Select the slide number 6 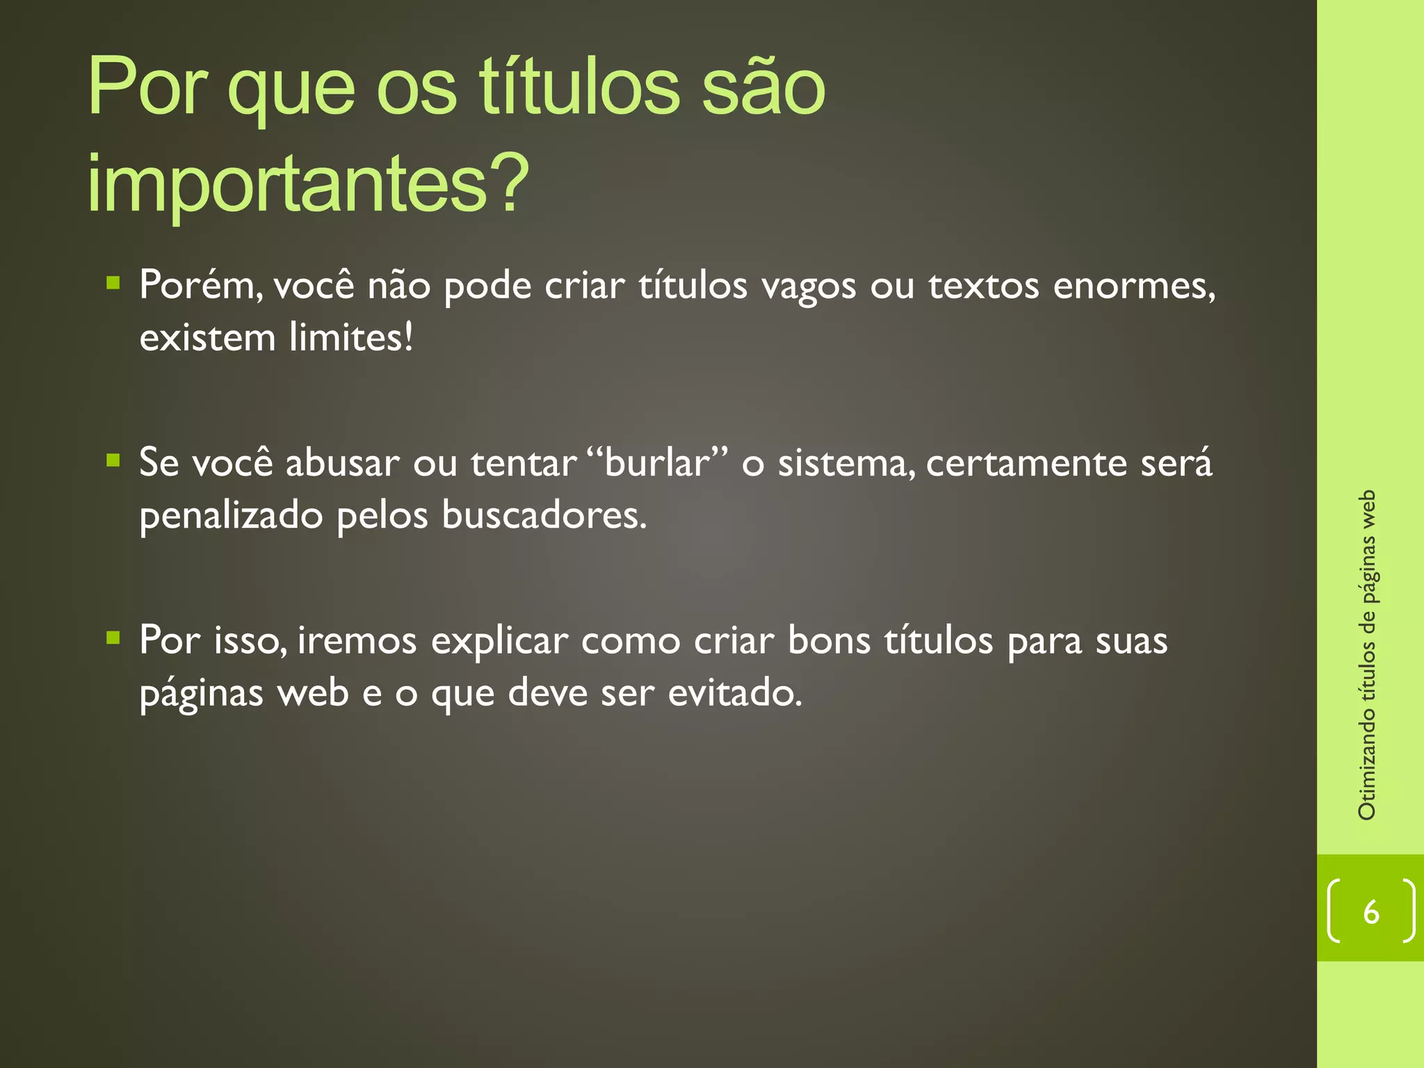click(x=1370, y=912)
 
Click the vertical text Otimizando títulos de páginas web click(x=1367, y=654)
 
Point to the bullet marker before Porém click(x=113, y=282)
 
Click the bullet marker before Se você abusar click(x=113, y=460)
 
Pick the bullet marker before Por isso click(x=113, y=637)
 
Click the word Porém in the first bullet click(x=201, y=285)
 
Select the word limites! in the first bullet click(x=351, y=338)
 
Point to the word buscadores click(x=544, y=515)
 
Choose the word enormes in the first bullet click(x=1133, y=286)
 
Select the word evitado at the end click(x=735, y=693)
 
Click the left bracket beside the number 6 click(x=1334, y=911)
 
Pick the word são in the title click(x=763, y=89)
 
